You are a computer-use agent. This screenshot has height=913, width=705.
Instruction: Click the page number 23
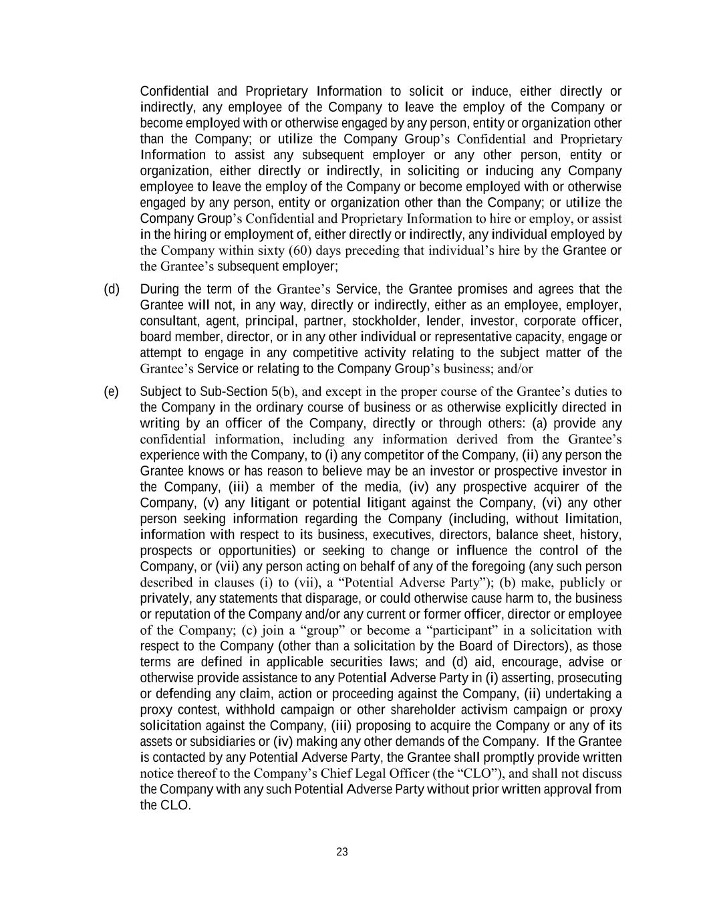point(342,852)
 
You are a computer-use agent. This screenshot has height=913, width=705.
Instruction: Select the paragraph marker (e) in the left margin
point(111,391)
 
